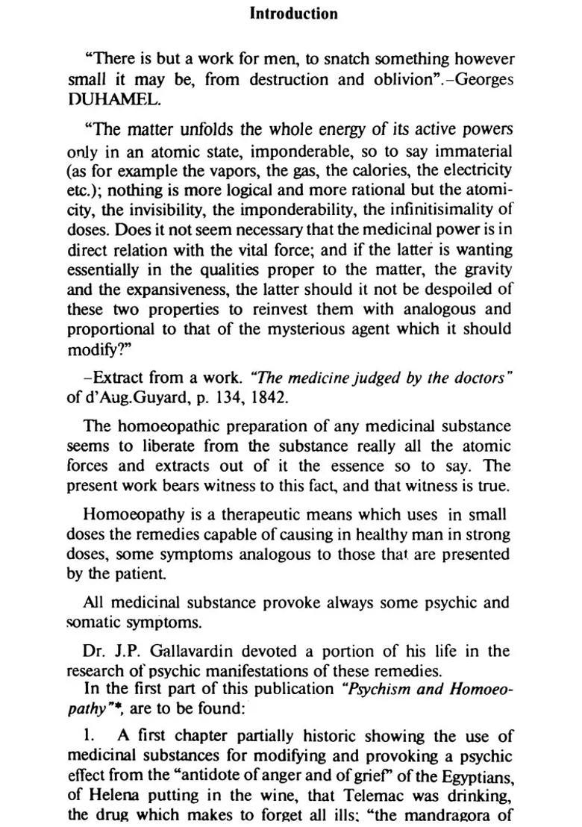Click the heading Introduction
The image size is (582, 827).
point(293,13)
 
